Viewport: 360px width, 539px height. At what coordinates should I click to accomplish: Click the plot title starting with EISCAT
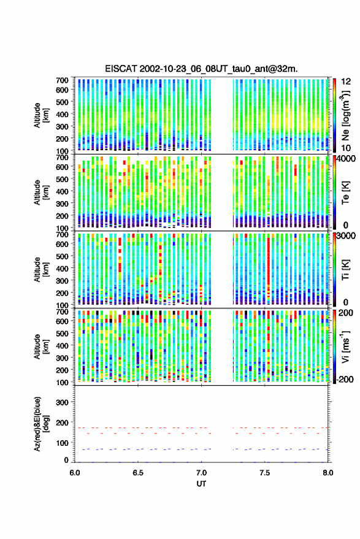[201, 69]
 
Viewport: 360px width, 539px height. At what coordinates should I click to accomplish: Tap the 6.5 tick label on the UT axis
[138, 473]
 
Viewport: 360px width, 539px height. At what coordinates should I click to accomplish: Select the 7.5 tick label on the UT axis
[264, 473]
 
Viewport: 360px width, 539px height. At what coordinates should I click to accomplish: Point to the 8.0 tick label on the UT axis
[327, 473]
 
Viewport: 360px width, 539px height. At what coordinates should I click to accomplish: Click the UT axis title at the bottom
[201, 484]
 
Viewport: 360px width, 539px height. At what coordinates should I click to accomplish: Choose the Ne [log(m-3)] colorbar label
[346, 115]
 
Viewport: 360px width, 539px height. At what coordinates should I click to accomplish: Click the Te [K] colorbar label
[345, 193]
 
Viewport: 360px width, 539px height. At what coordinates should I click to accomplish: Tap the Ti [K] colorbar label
[345, 270]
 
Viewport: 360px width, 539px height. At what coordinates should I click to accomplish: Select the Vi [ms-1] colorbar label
[345, 346]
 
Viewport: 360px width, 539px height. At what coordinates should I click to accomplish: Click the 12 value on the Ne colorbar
[347, 82]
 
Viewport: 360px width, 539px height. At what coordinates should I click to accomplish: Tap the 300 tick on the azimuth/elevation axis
[62, 402]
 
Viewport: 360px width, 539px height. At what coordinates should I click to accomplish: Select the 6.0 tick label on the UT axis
[75, 473]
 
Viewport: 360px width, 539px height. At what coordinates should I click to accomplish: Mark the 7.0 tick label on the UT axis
[201, 473]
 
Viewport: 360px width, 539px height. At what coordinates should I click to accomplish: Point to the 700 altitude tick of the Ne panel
[62, 80]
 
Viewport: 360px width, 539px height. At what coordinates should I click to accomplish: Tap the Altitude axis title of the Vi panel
[41, 346]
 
